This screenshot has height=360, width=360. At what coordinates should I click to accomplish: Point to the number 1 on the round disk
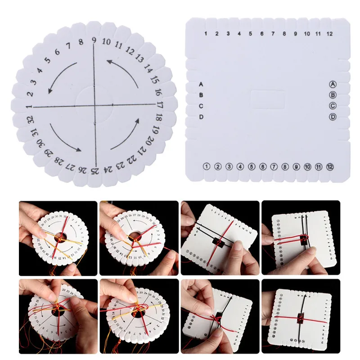[x=29, y=106]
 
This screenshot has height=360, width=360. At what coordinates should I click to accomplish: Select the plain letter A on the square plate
[x=201, y=84]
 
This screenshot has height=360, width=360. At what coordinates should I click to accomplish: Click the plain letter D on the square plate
[x=201, y=117]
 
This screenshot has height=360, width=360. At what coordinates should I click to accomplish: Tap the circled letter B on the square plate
[x=333, y=95]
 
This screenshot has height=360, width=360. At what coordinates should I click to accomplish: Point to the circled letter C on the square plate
[x=333, y=106]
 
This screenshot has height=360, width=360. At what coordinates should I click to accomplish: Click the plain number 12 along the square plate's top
[x=330, y=34]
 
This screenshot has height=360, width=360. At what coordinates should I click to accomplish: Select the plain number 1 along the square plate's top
[x=206, y=34]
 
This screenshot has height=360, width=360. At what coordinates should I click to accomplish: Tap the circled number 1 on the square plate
[x=206, y=166]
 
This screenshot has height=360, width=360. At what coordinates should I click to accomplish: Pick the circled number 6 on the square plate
[x=262, y=166]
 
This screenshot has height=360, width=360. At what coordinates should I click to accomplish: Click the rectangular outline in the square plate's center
[x=268, y=99]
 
